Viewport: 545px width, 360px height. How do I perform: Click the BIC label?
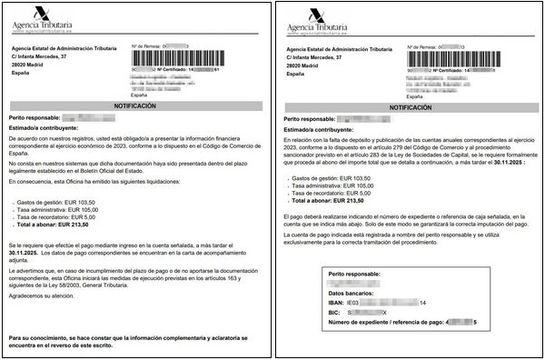pos(336,312)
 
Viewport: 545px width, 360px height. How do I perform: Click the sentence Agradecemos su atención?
pos(46,295)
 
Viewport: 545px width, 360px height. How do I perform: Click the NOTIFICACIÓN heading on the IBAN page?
pos(406,105)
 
